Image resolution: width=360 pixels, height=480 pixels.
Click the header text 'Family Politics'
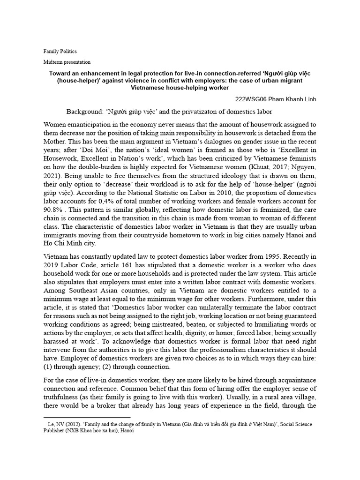60,51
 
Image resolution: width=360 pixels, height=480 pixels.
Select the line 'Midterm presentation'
67,62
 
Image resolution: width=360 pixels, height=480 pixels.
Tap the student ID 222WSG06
252,100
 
